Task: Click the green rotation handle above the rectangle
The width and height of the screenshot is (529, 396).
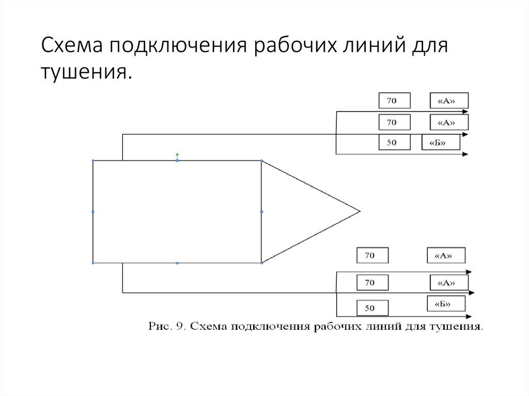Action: (177, 154)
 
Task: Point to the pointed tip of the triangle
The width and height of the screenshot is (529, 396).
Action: (359, 211)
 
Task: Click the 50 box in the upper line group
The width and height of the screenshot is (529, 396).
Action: (394, 142)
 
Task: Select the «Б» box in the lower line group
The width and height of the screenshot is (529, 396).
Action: (446, 304)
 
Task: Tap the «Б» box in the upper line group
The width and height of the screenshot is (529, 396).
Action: (441, 142)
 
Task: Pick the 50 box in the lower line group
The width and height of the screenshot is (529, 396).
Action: (372, 308)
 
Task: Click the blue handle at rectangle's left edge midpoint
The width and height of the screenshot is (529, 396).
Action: (93, 212)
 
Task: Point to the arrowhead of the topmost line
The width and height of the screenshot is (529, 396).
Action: (466, 112)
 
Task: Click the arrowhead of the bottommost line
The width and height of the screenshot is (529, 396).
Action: (469, 316)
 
